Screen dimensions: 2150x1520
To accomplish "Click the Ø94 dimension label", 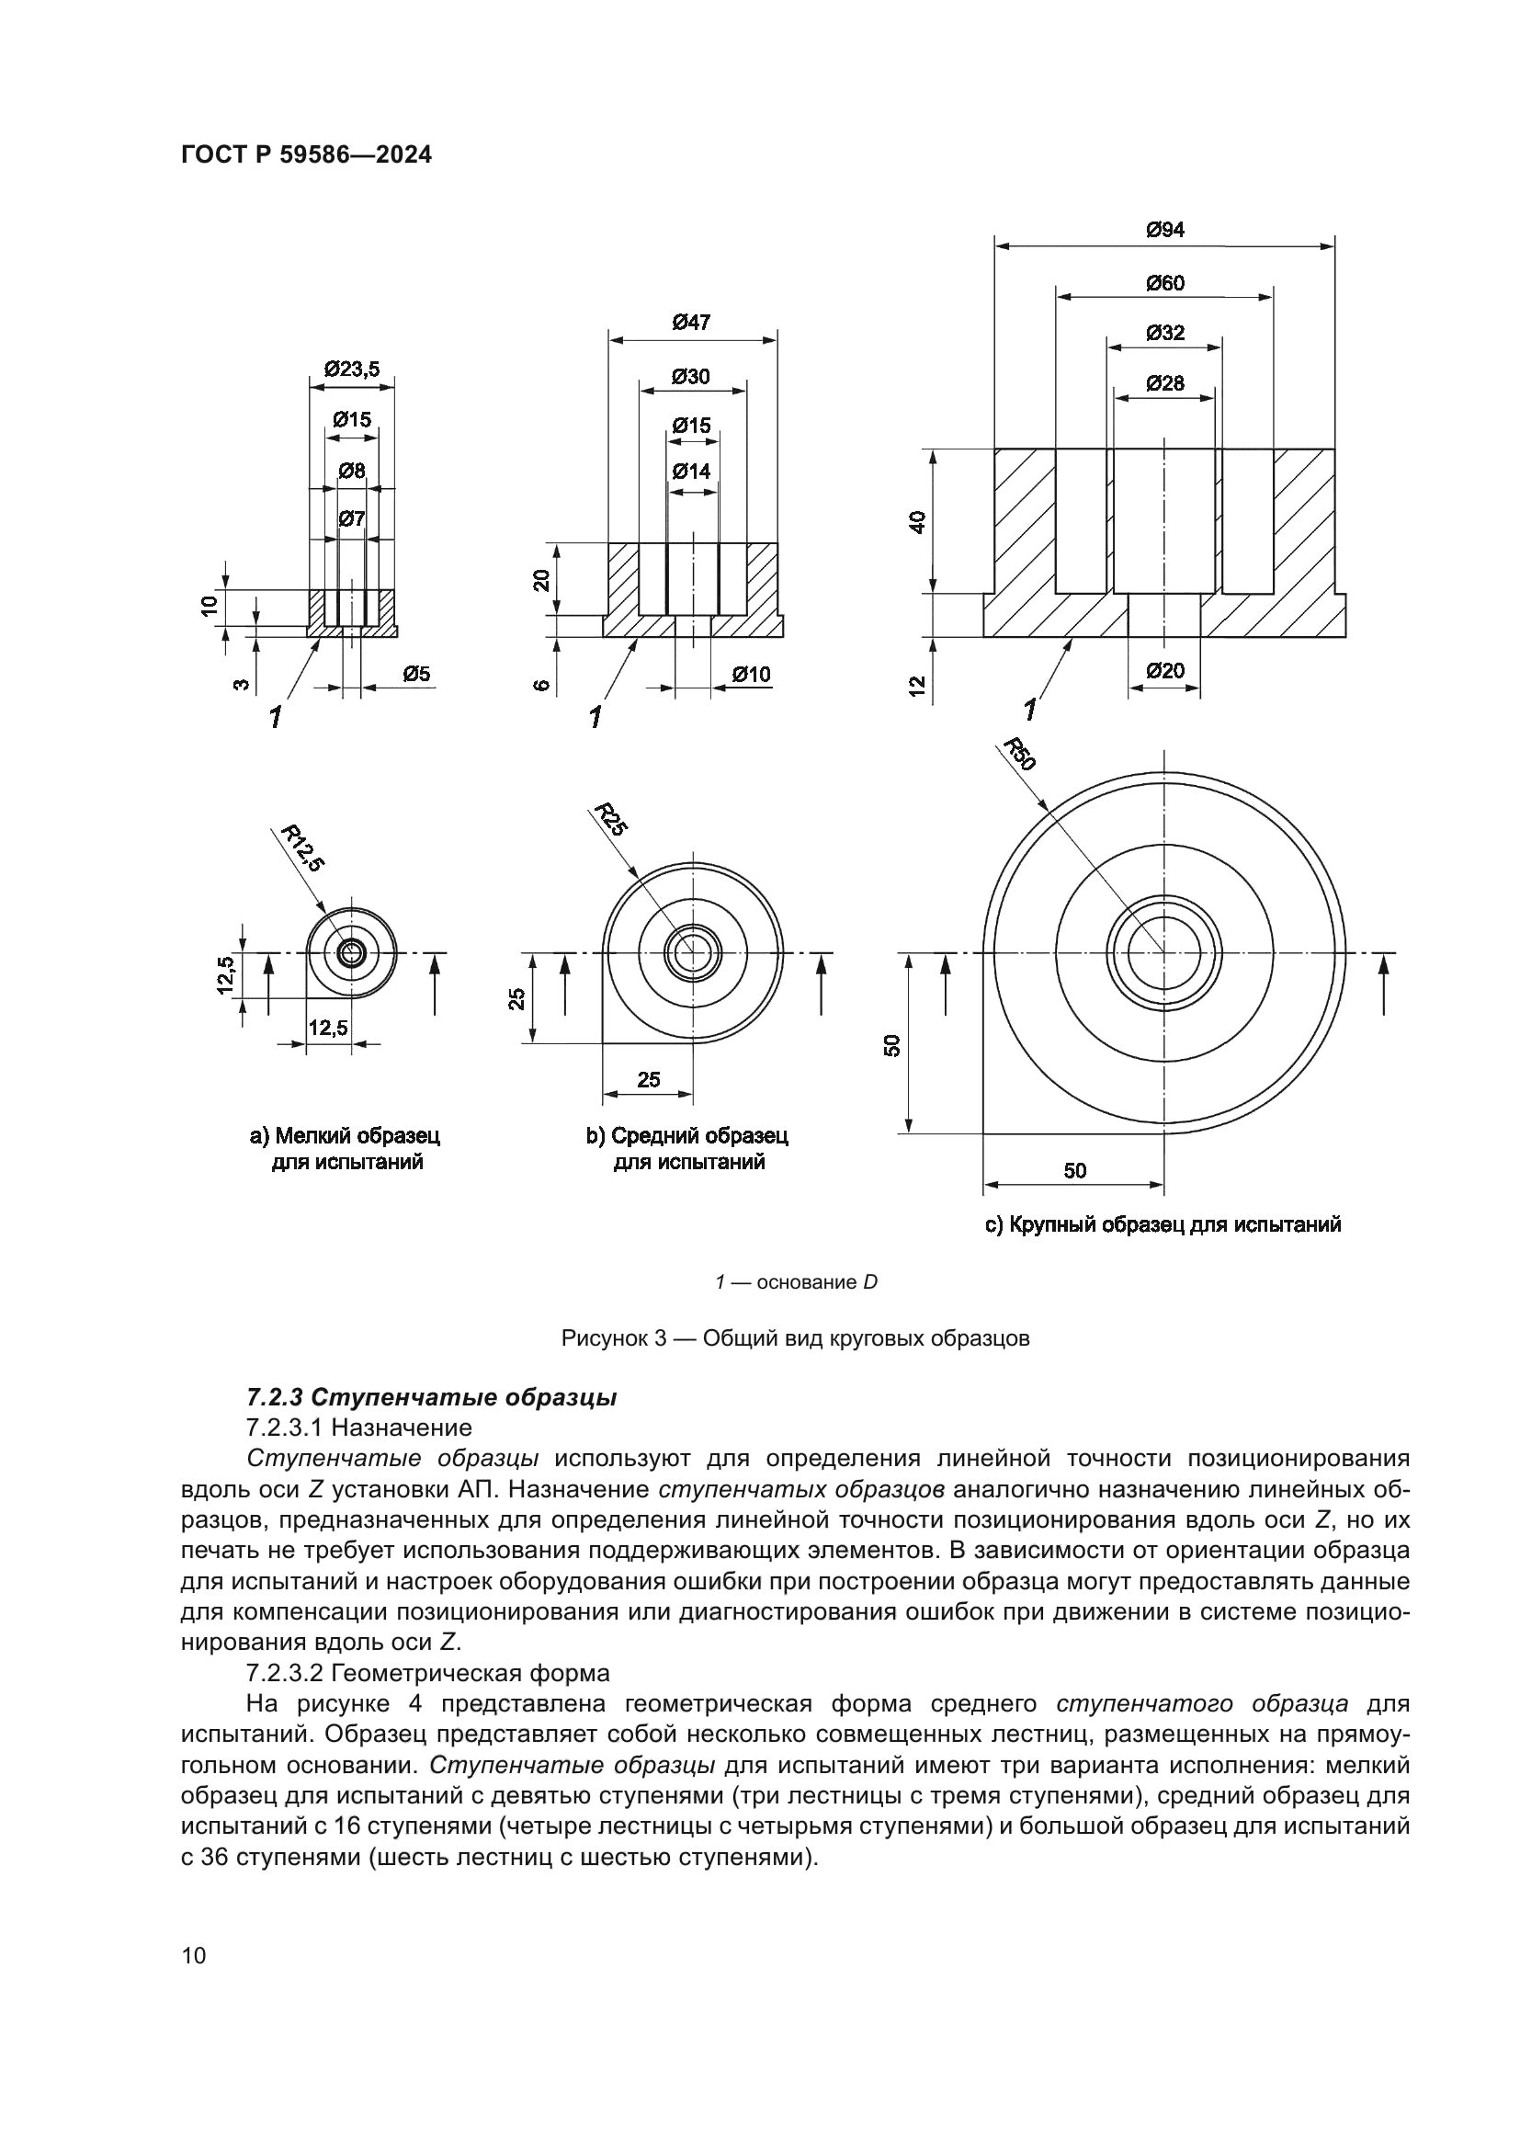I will (x=1164, y=230).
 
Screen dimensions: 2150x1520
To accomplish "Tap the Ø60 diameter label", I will (x=1164, y=283).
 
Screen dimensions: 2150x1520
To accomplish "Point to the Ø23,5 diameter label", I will (x=352, y=369).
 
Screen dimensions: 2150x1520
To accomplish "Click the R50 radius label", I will (x=1019, y=754).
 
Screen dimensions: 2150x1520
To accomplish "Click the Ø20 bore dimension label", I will (x=1164, y=670).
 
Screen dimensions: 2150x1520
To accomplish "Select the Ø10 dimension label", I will (x=751, y=674).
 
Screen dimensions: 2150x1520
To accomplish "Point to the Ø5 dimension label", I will (x=416, y=674).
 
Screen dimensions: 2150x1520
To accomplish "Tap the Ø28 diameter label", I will (x=1164, y=383).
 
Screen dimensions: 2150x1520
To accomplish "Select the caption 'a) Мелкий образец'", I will (x=345, y=1136).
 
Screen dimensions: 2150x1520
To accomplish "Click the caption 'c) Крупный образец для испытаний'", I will (x=1163, y=1224).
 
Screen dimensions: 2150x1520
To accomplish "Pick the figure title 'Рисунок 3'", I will (x=795, y=1338).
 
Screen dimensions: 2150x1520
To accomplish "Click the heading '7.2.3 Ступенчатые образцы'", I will (x=432, y=1398).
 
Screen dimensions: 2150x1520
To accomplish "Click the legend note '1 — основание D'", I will (x=796, y=1282).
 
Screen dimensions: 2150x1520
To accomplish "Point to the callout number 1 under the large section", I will (x=1029, y=711).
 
